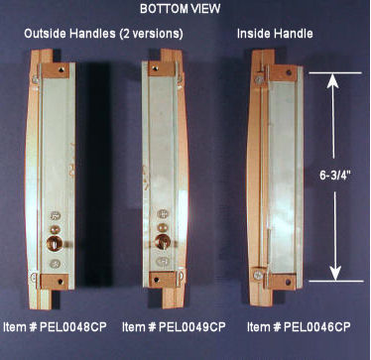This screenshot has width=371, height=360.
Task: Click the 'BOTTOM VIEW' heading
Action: tap(181, 9)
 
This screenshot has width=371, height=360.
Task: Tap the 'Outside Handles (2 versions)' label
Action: tap(103, 34)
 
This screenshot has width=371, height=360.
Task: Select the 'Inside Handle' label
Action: tap(275, 34)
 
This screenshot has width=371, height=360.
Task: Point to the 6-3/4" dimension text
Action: tap(335, 176)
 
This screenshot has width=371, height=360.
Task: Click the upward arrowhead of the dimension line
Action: tap(333, 81)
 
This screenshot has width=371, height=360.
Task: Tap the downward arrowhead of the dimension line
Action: tap(335, 272)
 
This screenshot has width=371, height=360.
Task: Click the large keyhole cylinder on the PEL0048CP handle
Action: tap(55, 243)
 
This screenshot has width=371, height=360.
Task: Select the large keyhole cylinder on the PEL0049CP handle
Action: tap(163, 242)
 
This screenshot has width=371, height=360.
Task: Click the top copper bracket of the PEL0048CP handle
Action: tap(56, 70)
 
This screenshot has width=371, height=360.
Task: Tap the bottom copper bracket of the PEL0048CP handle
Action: tap(55, 282)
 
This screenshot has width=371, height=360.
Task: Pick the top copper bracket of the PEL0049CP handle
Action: tap(161, 68)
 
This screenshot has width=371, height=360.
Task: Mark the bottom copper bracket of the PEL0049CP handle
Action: tap(163, 280)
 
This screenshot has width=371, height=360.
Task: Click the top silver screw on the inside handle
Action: tap(260, 79)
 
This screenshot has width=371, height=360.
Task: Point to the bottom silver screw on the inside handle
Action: tap(258, 275)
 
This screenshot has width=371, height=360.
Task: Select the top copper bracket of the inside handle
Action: tap(283, 73)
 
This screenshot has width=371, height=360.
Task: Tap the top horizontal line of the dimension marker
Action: tap(335, 72)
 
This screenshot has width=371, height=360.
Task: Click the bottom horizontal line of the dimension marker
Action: tap(336, 282)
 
